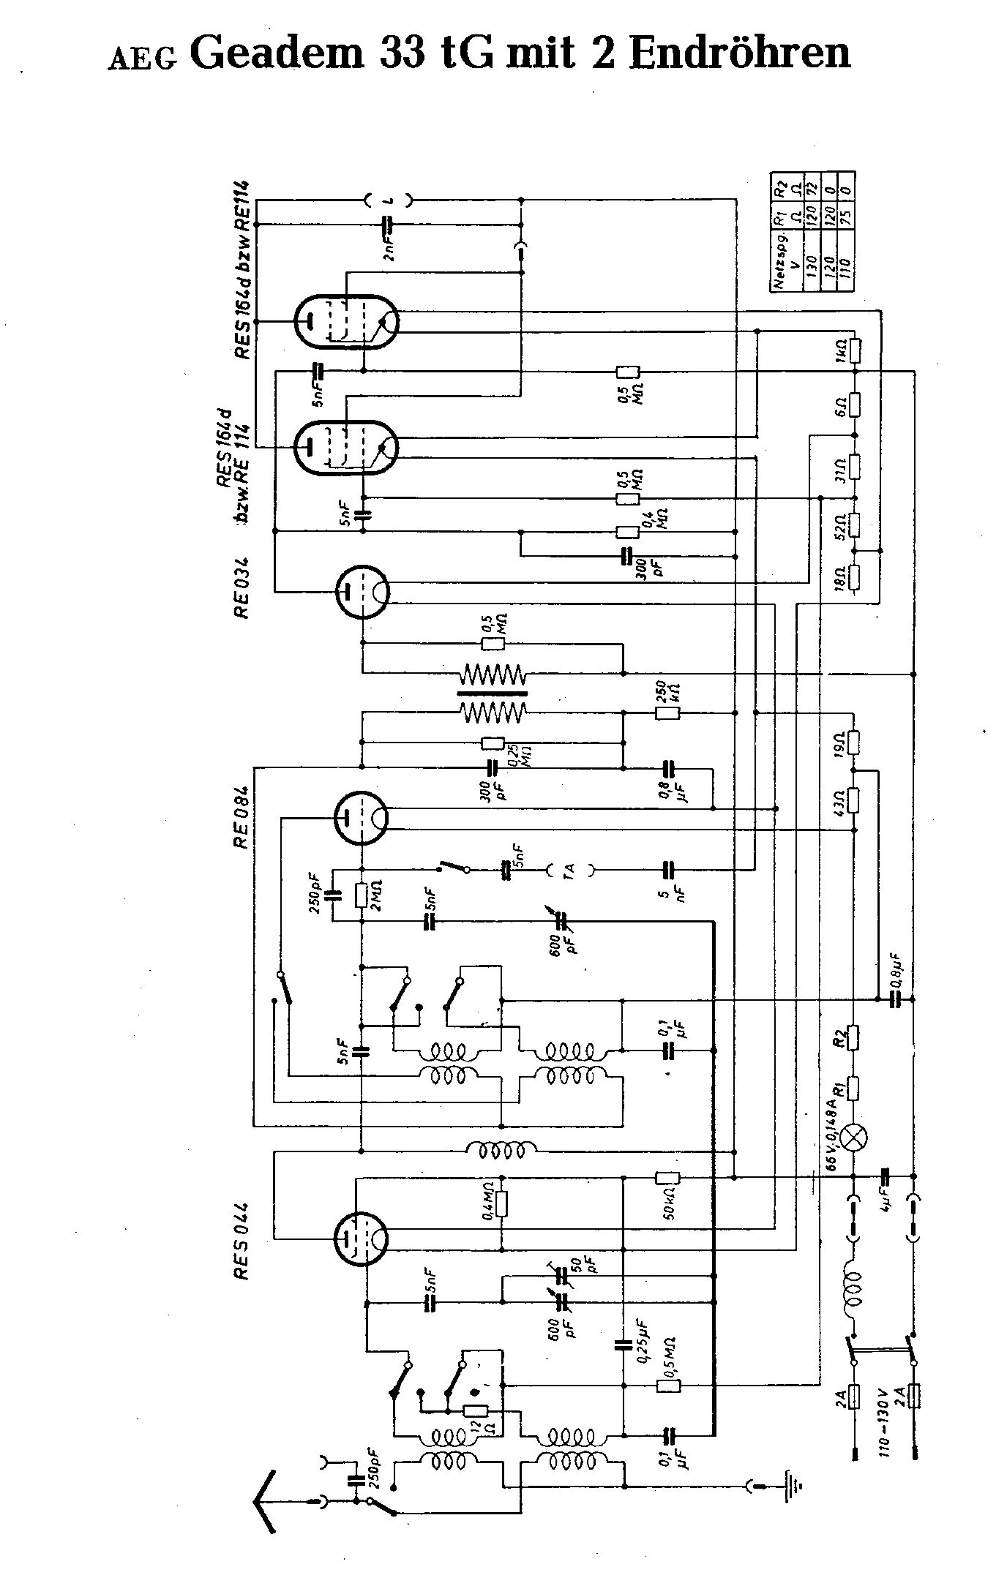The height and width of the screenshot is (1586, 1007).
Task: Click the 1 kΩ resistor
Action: [854, 350]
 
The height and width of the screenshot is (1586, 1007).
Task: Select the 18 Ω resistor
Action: [854, 578]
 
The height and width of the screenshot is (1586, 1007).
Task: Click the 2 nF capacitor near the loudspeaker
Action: [389, 224]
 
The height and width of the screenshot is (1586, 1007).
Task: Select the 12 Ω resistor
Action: [476, 1412]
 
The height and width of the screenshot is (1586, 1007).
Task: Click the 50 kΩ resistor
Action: [667, 1177]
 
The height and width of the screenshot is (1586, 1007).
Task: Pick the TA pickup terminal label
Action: [571, 870]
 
